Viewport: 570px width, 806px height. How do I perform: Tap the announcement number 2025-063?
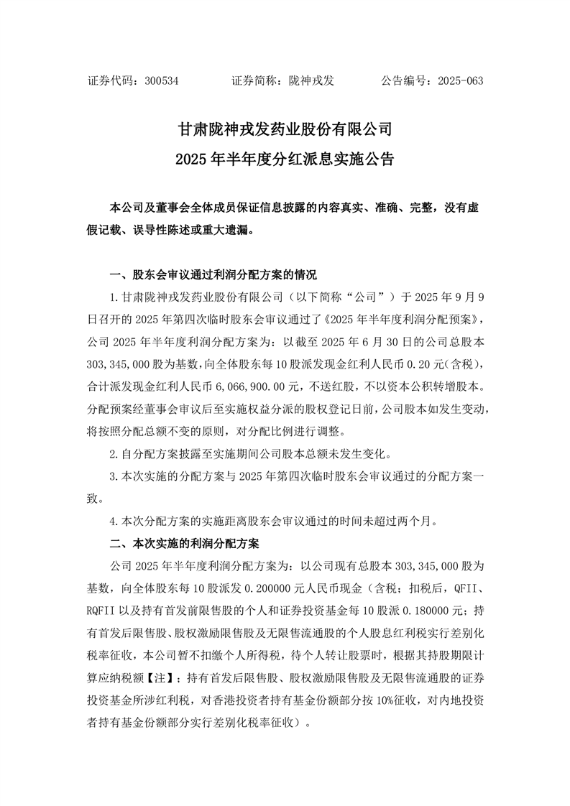(458, 81)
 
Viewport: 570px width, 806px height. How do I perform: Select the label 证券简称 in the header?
(256, 81)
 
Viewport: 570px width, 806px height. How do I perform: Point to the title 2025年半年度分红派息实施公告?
(285, 158)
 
